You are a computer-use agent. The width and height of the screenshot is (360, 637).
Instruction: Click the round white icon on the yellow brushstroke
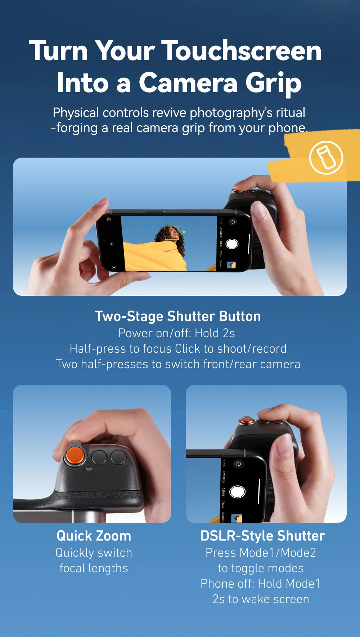pyautogui.click(x=326, y=158)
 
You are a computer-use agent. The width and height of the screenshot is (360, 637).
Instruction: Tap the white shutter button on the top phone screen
pyautogui.click(x=232, y=244)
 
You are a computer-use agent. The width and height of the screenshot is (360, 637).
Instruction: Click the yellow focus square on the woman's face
pyautogui.click(x=172, y=233)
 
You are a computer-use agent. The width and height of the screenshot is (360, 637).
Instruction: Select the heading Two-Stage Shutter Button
pyautogui.click(x=178, y=316)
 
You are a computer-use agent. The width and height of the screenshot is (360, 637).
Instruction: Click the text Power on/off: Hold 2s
pyautogui.click(x=176, y=333)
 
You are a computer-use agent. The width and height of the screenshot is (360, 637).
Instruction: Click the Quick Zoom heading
pyautogui.click(x=94, y=536)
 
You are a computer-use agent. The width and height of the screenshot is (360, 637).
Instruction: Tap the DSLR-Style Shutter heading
pyautogui.click(x=262, y=536)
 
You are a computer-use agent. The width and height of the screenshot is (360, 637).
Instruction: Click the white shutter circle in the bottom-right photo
pyautogui.click(x=237, y=492)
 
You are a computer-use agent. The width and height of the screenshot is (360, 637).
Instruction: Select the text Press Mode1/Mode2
pyautogui.click(x=261, y=553)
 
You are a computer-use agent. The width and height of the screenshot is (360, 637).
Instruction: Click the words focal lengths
pyautogui.click(x=94, y=568)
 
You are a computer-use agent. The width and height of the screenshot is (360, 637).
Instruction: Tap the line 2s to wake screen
pyautogui.click(x=261, y=599)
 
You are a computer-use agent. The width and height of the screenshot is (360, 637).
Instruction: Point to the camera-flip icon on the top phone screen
pyautogui.click(x=233, y=222)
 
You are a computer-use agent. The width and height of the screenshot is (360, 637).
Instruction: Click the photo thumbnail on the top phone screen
pyautogui.click(x=231, y=265)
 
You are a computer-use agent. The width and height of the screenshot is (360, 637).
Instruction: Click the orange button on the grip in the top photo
pyautogui.click(x=237, y=190)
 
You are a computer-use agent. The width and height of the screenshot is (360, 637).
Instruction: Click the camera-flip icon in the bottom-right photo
pyautogui.click(x=238, y=464)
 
